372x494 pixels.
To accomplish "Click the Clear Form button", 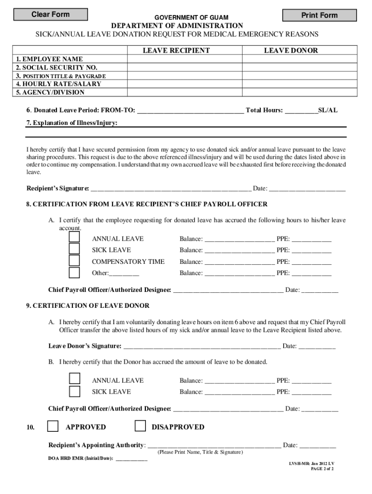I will click(x=50, y=14).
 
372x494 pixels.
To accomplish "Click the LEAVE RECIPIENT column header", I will click(x=176, y=50).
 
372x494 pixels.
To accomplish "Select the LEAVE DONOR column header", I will click(x=291, y=50).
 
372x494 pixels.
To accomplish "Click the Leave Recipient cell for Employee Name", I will click(x=185, y=59).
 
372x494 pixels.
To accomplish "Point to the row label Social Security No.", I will click(x=57, y=68).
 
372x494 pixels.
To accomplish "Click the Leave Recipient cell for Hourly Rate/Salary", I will click(x=185, y=84).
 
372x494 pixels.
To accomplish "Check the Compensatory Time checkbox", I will click(x=74, y=261).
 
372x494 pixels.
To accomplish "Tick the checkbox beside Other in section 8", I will click(x=74, y=273).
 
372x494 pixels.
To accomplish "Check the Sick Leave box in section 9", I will click(x=74, y=391).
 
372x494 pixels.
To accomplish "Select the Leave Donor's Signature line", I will click(x=201, y=346).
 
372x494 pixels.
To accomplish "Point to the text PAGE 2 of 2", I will click(x=322, y=468).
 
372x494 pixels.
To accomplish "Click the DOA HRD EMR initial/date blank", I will click(x=131, y=459).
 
